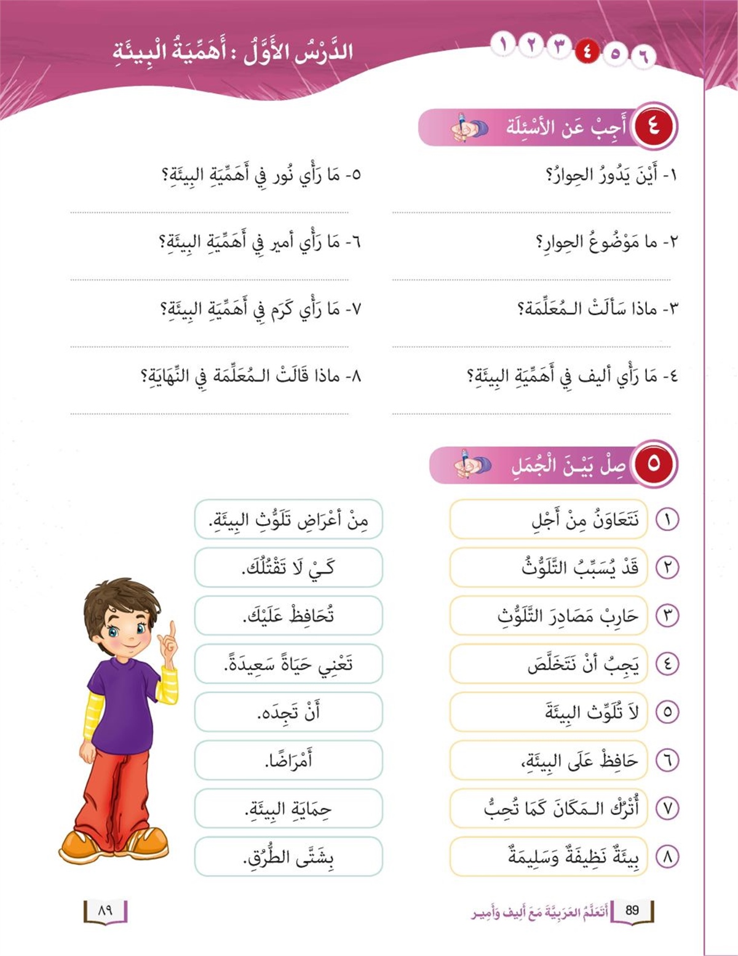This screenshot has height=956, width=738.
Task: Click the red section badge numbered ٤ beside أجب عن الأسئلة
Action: [x=653, y=127]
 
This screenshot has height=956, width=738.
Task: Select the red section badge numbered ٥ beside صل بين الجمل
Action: [x=653, y=463]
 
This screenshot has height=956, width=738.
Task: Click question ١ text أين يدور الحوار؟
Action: [x=611, y=176]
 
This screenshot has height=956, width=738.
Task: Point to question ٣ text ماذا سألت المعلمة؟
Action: [x=597, y=308]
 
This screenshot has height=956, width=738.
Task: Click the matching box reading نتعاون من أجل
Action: [x=549, y=520]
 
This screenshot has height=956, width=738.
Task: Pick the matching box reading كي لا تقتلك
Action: [x=288, y=567]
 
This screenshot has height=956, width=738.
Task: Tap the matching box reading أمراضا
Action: [x=288, y=760]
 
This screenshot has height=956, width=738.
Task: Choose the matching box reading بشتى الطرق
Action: [x=288, y=856]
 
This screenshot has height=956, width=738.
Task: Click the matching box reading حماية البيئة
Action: [x=288, y=808]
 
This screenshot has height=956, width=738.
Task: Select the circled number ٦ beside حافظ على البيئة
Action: [x=667, y=760]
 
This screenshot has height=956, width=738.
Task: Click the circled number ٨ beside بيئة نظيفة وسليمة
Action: [x=667, y=856]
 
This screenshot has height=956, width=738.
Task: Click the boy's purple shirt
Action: [x=123, y=701]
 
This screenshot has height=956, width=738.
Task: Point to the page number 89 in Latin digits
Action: [x=632, y=910]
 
